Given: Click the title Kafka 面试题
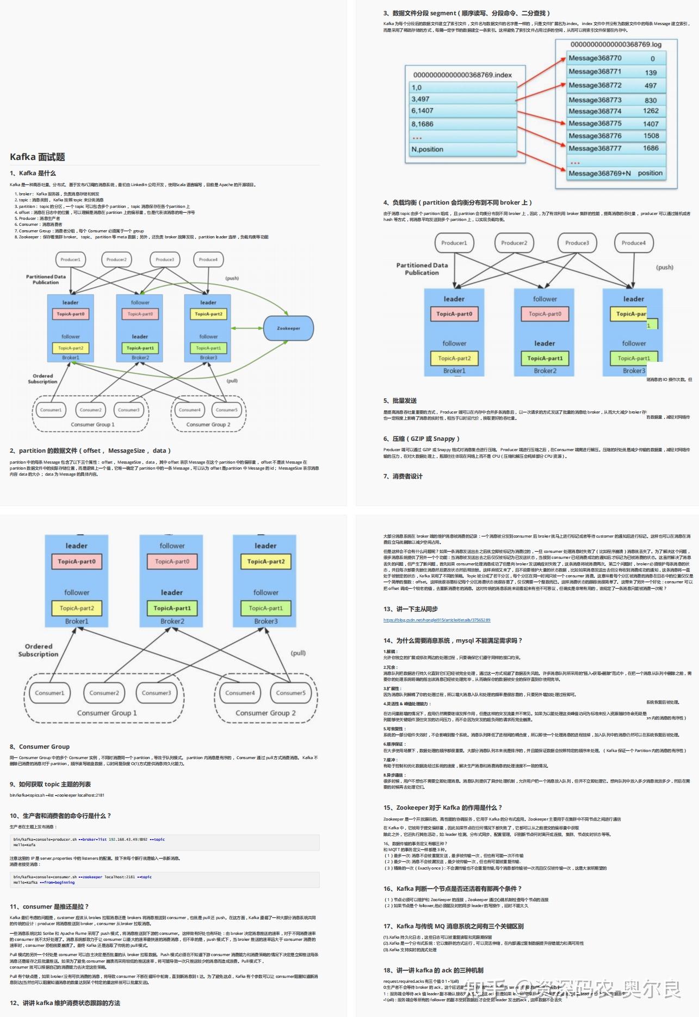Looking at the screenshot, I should click(x=37, y=157).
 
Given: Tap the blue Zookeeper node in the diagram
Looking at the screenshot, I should click(x=288, y=328).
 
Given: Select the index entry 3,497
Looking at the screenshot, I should click(x=420, y=99).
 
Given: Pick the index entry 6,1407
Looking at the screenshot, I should click(x=422, y=110).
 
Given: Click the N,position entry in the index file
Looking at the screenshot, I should click(x=427, y=149).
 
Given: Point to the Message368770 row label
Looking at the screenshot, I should click(x=595, y=58).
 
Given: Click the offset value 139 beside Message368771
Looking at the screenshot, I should click(x=651, y=72).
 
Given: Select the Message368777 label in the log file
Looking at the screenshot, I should click(x=595, y=148).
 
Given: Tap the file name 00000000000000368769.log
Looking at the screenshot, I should click(x=616, y=45).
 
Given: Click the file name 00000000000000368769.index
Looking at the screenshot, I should click(x=462, y=75).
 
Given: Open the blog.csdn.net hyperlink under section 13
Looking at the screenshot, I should click(x=436, y=620).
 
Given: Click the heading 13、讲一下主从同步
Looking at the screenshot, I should click(x=410, y=609).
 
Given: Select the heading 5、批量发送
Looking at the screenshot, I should click(x=400, y=400).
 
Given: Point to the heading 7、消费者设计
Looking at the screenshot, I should click(x=403, y=476).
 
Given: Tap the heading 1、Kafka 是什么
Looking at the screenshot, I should click(x=33, y=173).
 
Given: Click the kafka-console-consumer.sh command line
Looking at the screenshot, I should click(x=82, y=877).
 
